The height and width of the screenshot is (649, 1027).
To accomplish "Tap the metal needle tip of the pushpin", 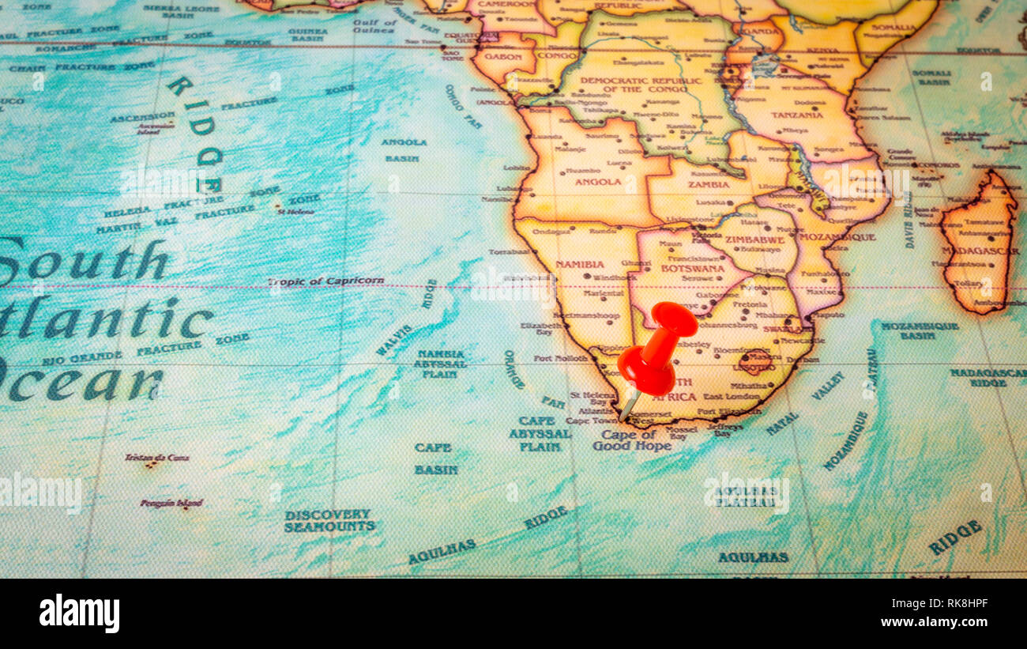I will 623,417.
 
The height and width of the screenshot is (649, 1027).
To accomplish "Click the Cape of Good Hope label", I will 632,440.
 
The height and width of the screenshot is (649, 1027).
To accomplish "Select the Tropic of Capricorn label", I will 325,281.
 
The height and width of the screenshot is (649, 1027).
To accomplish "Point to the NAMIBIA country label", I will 579,264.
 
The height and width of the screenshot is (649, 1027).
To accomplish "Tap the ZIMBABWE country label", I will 754,240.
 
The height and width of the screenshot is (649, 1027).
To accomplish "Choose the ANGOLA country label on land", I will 598,181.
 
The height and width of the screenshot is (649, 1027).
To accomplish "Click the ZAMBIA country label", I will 708,184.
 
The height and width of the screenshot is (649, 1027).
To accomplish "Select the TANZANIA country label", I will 797,115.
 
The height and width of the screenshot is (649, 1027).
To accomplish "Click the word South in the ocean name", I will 83,262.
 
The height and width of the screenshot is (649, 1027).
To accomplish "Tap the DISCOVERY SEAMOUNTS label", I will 329,520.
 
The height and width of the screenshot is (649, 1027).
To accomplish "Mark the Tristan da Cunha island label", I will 156,458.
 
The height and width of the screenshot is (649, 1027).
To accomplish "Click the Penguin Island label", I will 171,503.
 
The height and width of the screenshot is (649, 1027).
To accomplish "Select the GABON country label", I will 503,57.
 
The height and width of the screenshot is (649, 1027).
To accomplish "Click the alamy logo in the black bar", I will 79,613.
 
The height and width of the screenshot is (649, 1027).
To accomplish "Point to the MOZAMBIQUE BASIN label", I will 919,330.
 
